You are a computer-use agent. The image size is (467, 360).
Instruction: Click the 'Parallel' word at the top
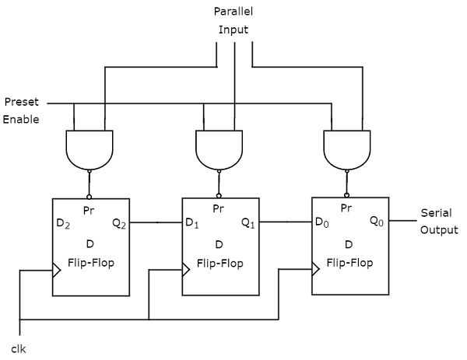pos(233,12)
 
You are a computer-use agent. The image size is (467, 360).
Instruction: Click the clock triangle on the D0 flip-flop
pos(315,270)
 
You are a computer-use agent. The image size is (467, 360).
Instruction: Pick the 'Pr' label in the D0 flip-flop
pos(347,208)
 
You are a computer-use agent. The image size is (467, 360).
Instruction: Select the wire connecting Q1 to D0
pos(286,222)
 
